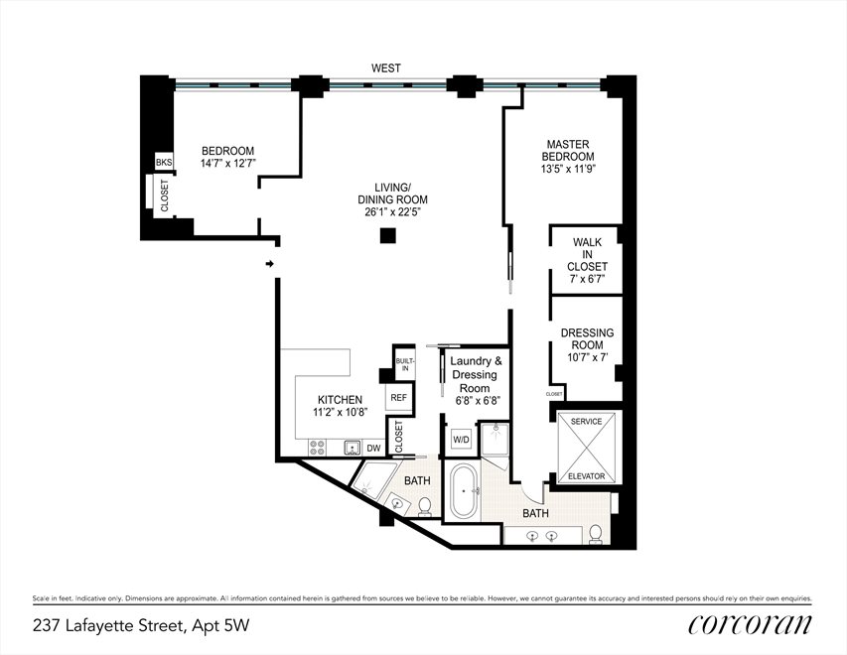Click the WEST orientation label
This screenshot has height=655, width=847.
tap(385, 68)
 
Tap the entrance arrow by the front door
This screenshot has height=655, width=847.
tap(270, 264)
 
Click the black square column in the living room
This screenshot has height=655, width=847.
tap(388, 236)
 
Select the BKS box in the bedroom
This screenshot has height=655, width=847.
tap(164, 162)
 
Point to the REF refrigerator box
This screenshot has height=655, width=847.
tap(398, 398)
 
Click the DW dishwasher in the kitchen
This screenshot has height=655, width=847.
tap(373, 448)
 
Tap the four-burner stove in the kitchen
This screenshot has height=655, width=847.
tap(317, 448)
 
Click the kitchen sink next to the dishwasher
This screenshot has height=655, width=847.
tap(353, 448)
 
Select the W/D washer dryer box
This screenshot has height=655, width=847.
tap(461, 440)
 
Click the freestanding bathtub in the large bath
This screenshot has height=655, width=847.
tap(465, 492)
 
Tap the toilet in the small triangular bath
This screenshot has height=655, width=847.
tap(425, 506)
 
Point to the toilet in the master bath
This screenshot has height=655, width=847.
tap(595, 534)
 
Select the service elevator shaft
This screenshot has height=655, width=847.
tap(586, 448)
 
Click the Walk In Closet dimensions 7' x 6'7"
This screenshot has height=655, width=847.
tap(587, 279)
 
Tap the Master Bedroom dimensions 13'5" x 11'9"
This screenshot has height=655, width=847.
tap(568, 169)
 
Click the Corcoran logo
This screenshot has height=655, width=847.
tap(750, 624)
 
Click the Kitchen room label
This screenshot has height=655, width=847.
tap(340, 400)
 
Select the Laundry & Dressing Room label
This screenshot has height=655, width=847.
tap(476, 374)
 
